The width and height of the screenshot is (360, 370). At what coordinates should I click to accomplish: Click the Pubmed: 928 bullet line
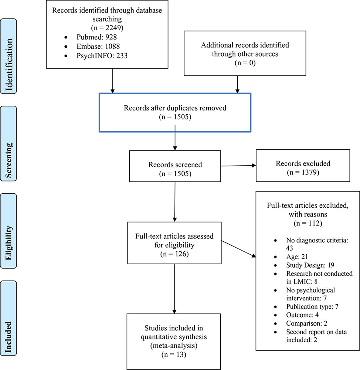[96, 37]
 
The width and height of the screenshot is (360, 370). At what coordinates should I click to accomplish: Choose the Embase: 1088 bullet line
[98, 46]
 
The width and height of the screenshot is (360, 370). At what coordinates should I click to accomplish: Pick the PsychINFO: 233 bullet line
[102, 56]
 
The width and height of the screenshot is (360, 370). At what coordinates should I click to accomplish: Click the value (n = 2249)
[107, 28]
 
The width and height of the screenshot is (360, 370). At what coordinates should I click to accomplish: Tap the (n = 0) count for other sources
[245, 63]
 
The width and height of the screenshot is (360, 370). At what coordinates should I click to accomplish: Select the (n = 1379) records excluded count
[303, 173]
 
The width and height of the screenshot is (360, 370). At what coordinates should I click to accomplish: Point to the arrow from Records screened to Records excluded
[238, 166]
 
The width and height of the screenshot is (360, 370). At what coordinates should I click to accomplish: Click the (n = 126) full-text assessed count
[174, 254]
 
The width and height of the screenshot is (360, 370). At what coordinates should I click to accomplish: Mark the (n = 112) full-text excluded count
[308, 223]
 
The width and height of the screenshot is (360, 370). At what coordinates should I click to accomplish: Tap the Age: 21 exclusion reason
[297, 257]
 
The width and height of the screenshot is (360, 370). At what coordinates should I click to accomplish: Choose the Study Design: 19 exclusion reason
[310, 265]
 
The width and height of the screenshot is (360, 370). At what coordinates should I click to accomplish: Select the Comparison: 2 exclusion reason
[307, 323]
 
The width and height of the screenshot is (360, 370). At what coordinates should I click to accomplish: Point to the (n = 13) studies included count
[174, 355]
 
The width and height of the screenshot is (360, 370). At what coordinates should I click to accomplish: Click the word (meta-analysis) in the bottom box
[174, 346]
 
